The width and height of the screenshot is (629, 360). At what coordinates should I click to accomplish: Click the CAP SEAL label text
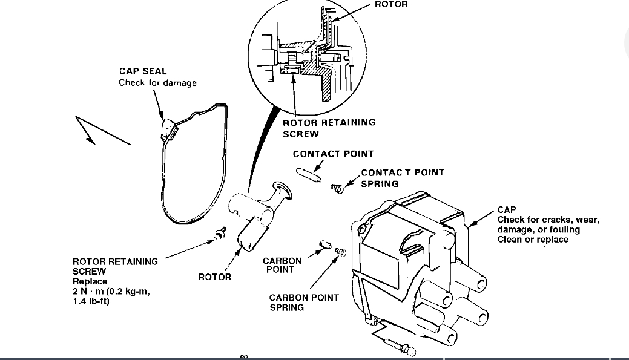[142, 71]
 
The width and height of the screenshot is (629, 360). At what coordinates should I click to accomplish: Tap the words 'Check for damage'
[157, 83]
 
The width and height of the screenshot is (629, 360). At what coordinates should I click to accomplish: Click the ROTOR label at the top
[391, 4]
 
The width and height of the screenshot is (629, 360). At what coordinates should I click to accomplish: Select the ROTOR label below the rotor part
[214, 277]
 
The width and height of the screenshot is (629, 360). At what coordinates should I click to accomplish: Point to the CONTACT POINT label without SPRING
[333, 154]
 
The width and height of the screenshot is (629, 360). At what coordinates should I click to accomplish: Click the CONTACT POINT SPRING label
[402, 178]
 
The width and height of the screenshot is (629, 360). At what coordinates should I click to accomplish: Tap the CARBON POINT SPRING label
[304, 303]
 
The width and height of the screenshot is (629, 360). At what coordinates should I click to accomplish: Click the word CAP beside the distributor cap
[507, 210]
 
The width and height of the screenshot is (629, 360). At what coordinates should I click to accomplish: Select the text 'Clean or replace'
[533, 240]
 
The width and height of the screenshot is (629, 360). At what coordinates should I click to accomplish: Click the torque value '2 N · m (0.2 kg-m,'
[111, 291]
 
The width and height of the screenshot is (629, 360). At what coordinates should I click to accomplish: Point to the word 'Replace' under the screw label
[90, 281]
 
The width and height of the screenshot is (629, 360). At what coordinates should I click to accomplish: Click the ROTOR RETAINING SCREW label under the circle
[329, 128]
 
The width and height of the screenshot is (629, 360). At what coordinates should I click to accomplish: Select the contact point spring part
[337, 189]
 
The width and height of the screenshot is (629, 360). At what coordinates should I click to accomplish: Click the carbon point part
[323, 246]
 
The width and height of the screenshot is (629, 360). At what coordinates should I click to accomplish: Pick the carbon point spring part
[341, 252]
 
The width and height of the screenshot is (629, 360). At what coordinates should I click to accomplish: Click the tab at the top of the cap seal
[167, 128]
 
